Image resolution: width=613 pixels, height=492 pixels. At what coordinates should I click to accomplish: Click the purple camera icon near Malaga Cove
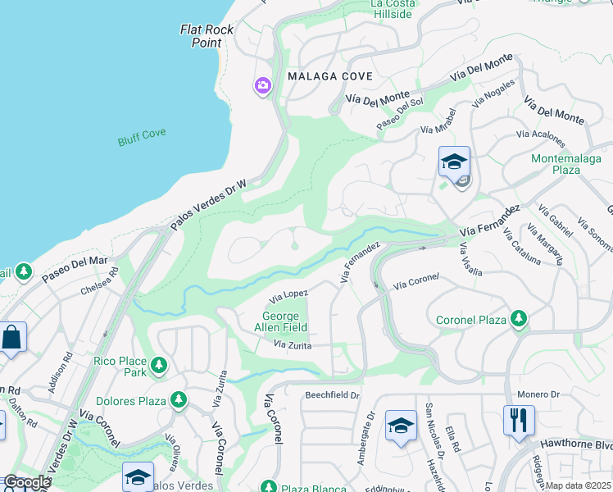pos(263,85)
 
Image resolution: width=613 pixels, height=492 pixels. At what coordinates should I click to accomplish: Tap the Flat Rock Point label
pos(207,35)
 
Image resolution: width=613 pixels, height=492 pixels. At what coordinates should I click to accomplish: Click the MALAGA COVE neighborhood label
pos(330,76)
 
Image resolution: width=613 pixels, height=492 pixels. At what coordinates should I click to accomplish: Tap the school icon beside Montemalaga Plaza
pos(454,162)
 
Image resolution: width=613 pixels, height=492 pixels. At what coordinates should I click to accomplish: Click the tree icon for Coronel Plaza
pos(518,319)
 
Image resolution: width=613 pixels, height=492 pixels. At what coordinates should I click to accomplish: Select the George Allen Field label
pos(284,321)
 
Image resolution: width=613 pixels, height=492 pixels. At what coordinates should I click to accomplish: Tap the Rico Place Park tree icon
pos(159,365)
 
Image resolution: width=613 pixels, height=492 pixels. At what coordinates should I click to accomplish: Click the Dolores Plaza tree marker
pos(178,401)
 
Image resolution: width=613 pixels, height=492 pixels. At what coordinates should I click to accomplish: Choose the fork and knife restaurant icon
pos(519,421)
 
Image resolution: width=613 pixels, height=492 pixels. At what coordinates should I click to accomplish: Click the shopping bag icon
pos(12,337)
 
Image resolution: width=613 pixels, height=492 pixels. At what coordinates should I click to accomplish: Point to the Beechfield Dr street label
pos(333,395)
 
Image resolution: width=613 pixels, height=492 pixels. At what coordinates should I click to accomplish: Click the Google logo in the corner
pos(26,482)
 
